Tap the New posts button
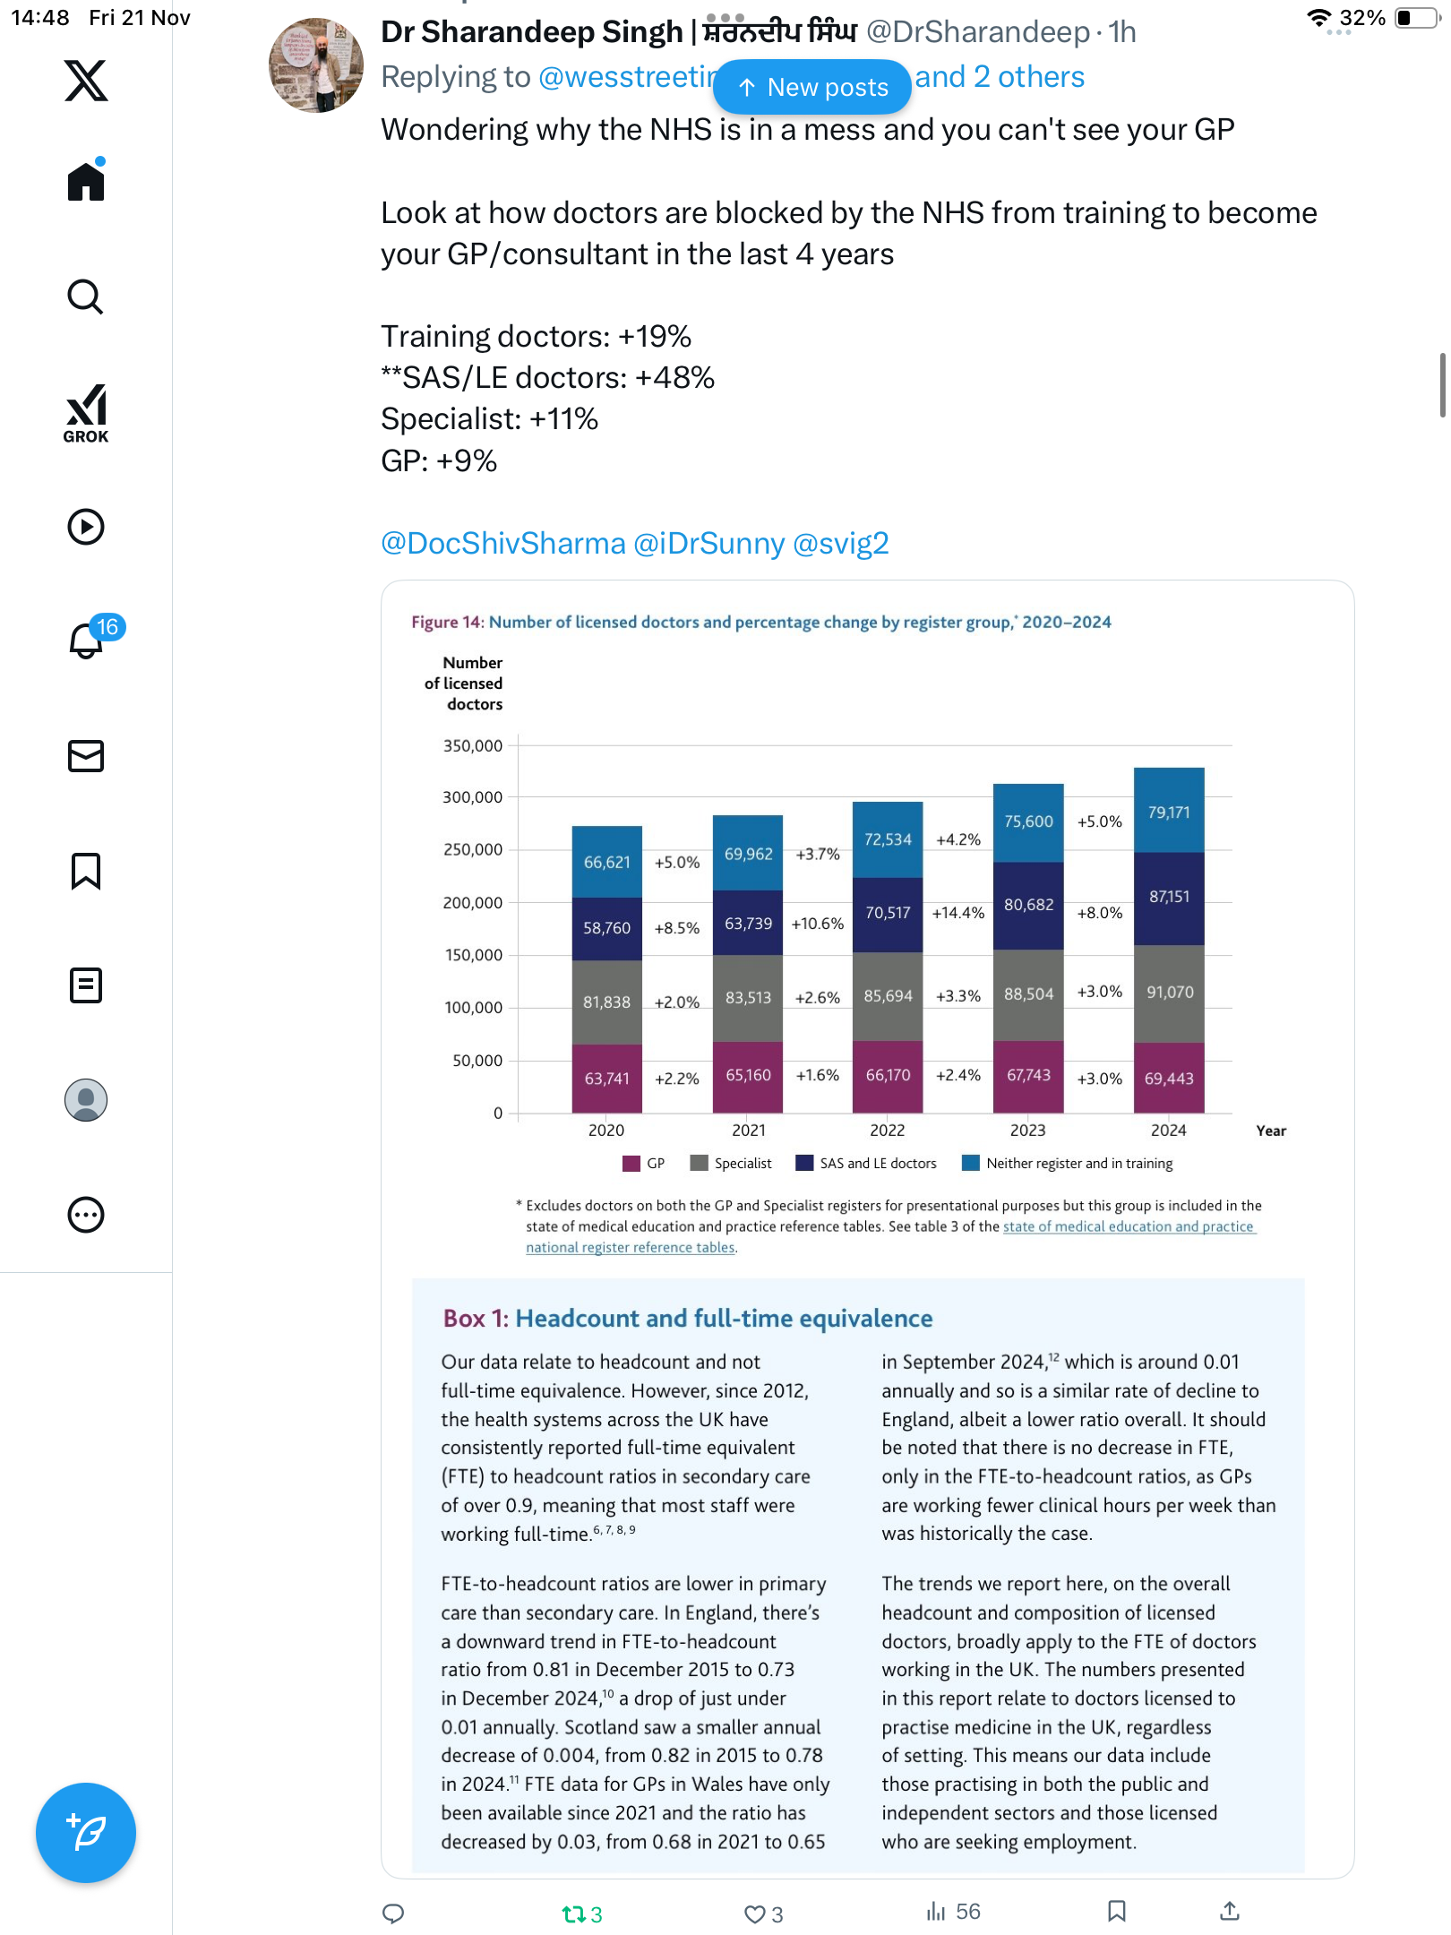pyautogui.click(x=811, y=87)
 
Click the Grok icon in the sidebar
pyautogui.click(x=86, y=413)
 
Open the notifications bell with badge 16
pyautogui.click(x=87, y=640)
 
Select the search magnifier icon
pyautogui.click(x=86, y=297)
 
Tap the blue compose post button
pyautogui.click(x=86, y=1832)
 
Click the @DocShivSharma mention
pyautogui.click(x=502, y=543)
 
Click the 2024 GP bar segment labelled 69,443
pyautogui.click(x=1169, y=1078)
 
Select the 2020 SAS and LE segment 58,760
pyautogui.click(x=606, y=928)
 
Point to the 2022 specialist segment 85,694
pyautogui.click(x=888, y=996)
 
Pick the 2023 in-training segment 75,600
pyautogui.click(x=1028, y=821)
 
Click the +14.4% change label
pyautogui.click(x=957, y=913)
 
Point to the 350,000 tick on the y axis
pyautogui.click(x=473, y=745)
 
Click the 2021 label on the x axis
pyautogui.click(x=748, y=1131)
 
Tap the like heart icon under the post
pyautogui.click(x=754, y=1914)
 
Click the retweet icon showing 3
pyautogui.click(x=573, y=1914)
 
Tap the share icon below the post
pyautogui.click(x=1230, y=1912)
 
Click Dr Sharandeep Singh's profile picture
pyautogui.click(x=315, y=64)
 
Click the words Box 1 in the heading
pyautogui.click(x=475, y=1318)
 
